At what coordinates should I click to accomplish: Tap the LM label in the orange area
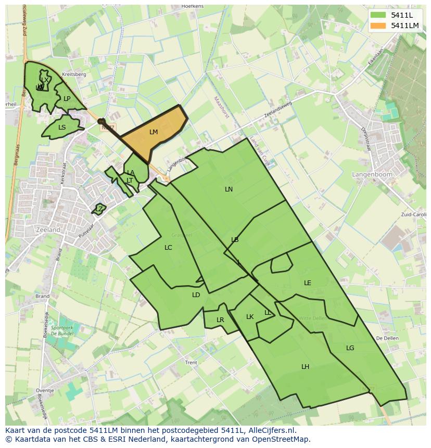[x=154, y=132]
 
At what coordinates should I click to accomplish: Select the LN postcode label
[x=229, y=189]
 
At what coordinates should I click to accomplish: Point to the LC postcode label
[x=168, y=248]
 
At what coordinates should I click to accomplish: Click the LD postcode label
[x=196, y=295]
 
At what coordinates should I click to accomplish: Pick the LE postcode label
[x=308, y=283]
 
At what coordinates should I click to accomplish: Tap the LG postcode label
[x=350, y=348]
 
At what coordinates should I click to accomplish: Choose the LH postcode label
[x=305, y=367]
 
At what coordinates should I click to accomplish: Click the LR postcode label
[x=220, y=320]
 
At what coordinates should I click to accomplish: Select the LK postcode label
[x=250, y=317]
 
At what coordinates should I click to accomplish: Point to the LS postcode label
[x=62, y=127]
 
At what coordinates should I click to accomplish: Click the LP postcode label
[x=67, y=99]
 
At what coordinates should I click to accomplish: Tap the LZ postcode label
[x=99, y=209]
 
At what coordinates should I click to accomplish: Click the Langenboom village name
[x=372, y=175]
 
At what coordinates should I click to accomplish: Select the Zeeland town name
[x=48, y=229]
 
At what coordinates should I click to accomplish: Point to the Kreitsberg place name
[x=73, y=74]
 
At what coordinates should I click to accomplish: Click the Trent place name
[x=191, y=363]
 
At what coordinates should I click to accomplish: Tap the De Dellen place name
[x=387, y=338]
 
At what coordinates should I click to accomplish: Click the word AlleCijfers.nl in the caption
[x=270, y=431]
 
